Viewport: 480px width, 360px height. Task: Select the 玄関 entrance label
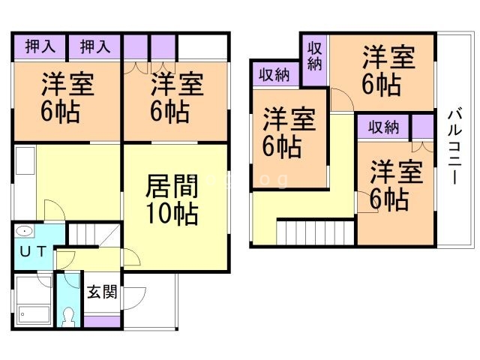point(101,292)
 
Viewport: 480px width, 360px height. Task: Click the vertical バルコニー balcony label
point(454,146)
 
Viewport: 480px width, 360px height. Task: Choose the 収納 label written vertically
point(314,58)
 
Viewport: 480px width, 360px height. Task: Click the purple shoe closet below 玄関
point(103,321)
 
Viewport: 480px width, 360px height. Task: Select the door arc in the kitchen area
point(54,209)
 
